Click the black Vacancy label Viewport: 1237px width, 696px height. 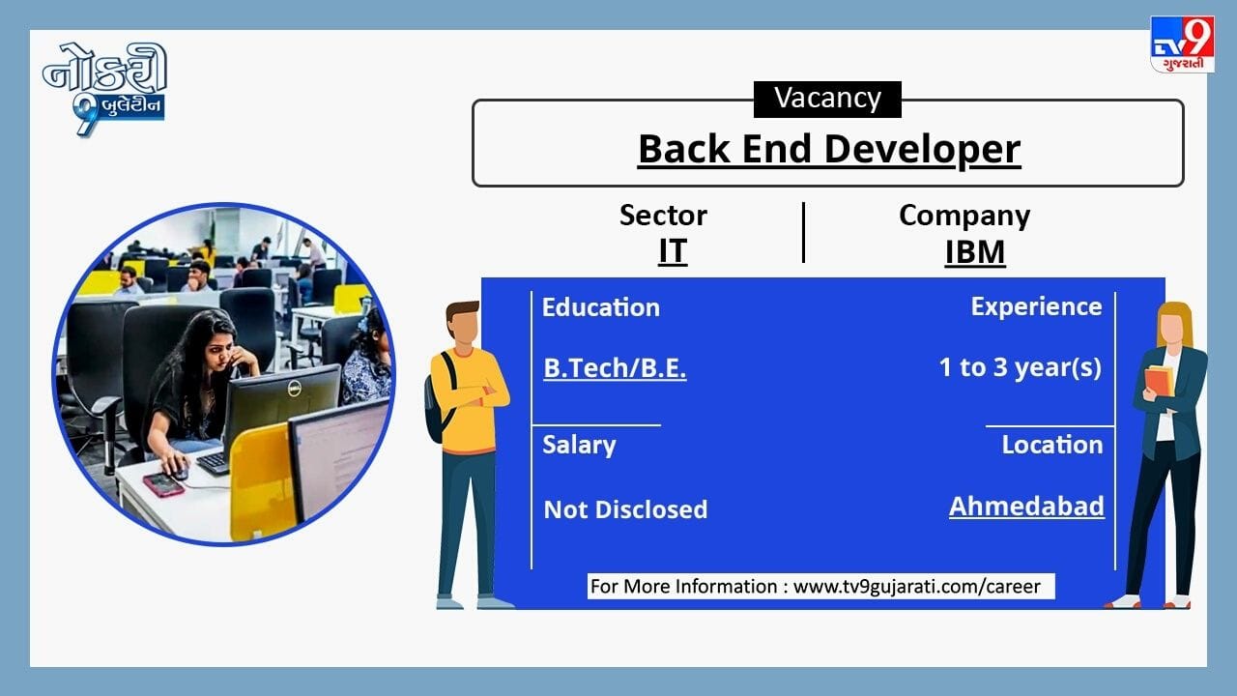827,100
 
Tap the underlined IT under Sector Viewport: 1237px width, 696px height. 673,251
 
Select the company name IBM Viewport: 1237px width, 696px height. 975,252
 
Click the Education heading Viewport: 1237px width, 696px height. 601,307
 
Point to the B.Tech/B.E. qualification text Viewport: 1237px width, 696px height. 615,368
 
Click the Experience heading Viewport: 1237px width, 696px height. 1036,306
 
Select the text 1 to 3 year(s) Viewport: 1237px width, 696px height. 1020,368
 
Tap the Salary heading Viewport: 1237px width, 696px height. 579,446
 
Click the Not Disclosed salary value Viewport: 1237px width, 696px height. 625,509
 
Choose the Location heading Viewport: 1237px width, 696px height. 1052,445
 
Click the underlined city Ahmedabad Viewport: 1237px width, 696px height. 1026,507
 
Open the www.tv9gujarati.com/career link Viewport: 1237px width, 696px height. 917,586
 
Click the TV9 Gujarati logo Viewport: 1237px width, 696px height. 1182,44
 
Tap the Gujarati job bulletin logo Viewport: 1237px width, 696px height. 105,88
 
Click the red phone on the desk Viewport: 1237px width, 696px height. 163,484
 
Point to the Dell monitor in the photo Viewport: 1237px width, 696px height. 281,409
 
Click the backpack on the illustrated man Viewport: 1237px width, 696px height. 439,397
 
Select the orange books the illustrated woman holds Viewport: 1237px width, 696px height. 1159,381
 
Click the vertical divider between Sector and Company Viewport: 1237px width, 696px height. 803,232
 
